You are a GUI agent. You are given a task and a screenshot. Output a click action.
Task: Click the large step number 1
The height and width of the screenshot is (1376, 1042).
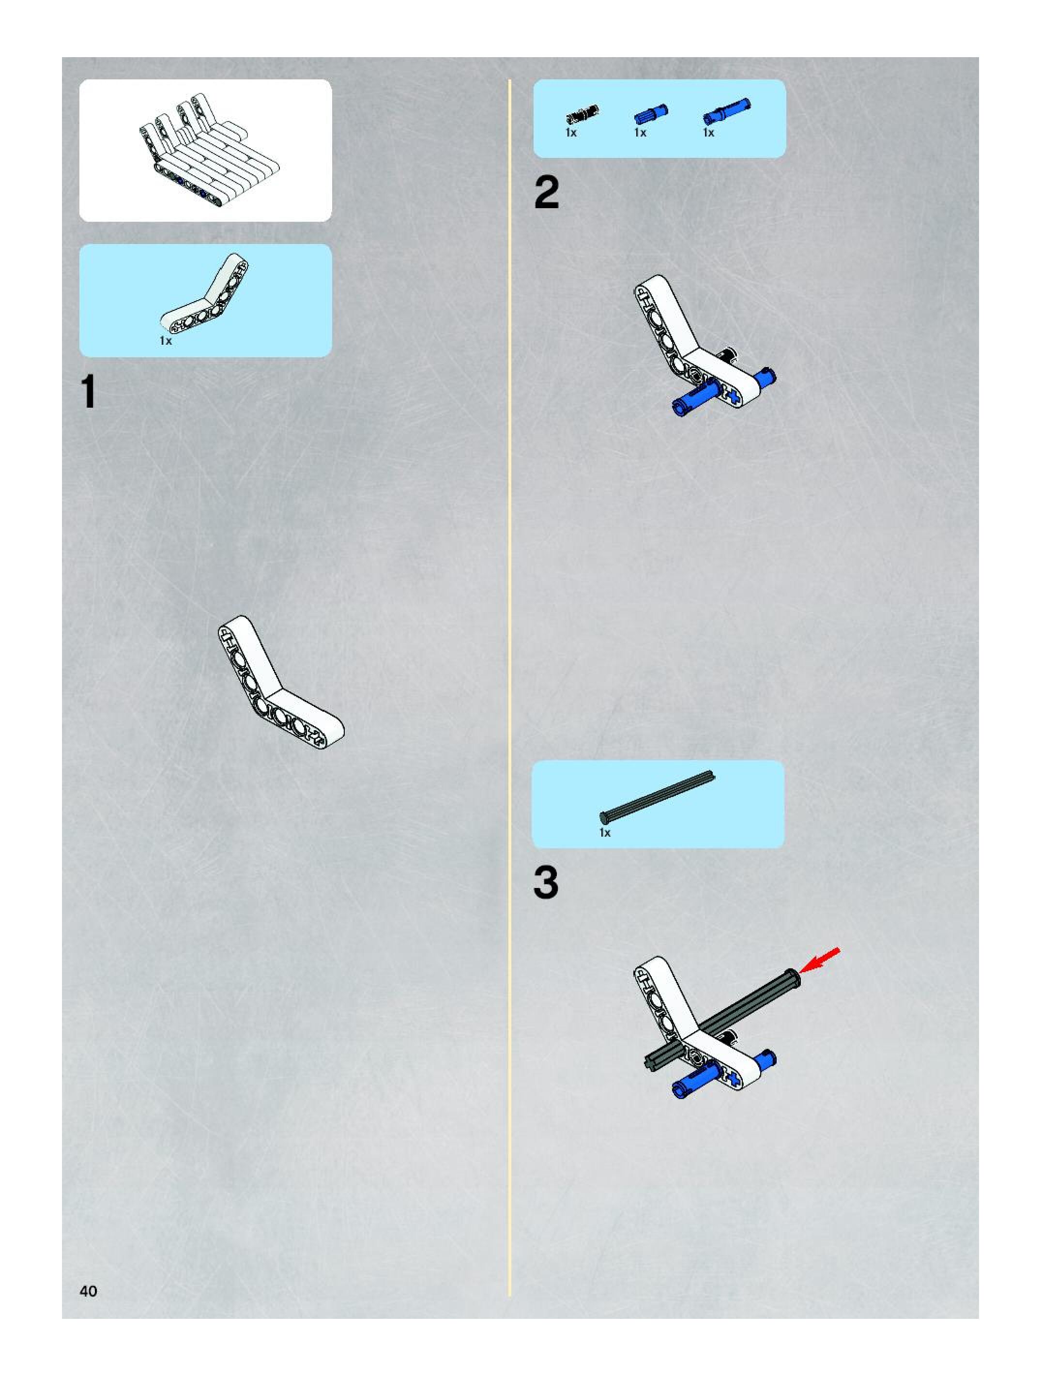pos(89,393)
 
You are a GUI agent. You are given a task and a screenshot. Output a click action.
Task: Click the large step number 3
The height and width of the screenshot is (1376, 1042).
pos(546,884)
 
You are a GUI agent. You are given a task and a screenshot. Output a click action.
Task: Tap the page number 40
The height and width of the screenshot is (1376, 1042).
pos(88,1291)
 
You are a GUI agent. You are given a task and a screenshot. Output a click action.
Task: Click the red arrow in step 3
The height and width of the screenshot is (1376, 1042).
pos(819,960)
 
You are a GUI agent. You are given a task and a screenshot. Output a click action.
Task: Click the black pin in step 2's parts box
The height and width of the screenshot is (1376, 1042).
pos(582,115)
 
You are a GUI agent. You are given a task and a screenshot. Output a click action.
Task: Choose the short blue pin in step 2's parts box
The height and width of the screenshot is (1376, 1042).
pos(651,114)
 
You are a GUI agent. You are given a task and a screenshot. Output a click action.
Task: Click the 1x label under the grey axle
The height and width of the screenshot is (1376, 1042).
pos(605,833)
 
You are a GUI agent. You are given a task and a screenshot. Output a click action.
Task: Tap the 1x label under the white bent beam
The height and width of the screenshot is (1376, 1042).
pos(166,341)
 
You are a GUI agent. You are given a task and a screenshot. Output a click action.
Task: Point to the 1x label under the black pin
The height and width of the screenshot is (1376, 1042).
pos(571,133)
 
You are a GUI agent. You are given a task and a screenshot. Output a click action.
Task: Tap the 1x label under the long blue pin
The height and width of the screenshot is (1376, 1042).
pos(708,133)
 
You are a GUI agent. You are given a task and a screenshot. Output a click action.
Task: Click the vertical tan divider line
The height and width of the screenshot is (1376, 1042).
pos(509,684)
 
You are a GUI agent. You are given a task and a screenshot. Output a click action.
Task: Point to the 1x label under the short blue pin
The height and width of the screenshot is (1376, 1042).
pos(640,133)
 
